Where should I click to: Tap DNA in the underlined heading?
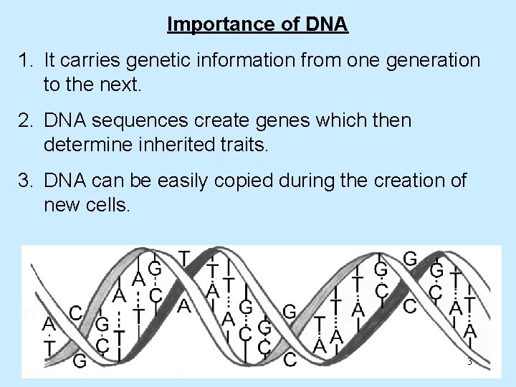click(x=325, y=25)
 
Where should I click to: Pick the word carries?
click(x=88, y=60)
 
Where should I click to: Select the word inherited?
click(x=171, y=145)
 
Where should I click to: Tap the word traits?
click(x=242, y=145)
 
